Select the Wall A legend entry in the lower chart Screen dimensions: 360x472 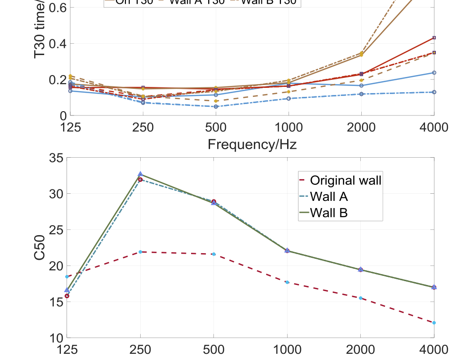click(x=328, y=196)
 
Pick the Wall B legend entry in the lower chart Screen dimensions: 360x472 click(x=328, y=212)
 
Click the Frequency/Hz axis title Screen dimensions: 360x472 click(x=252, y=144)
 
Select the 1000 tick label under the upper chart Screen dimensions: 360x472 click(x=288, y=128)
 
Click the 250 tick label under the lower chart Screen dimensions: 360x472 click(x=140, y=350)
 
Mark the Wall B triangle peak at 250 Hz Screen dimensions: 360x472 click(x=140, y=174)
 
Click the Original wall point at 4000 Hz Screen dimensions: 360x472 click(x=433, y=323)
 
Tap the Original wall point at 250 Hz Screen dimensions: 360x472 click(x=140, y=252)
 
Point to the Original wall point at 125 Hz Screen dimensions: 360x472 click(x=67, y=276)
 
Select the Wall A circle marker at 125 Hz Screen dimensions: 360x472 click(x=67, y=296)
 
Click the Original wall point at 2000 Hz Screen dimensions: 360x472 click(x=360, y=298)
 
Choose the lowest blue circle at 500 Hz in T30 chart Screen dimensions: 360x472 click(x=216, y=106)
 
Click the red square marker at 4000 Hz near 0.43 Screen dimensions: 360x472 click(x=433, y=38)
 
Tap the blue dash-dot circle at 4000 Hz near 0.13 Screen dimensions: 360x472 click(x=433, y=92)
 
